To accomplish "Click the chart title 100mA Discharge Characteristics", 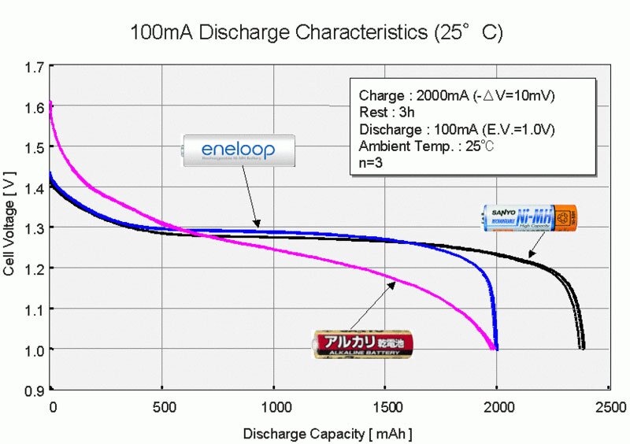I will pyautogui.click(x=315, y=33).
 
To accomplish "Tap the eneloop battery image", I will pyautogui.click(x=239, y=149).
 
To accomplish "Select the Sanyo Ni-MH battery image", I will pyautogui.click(x=529, y=218).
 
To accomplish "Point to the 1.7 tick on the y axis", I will pyautogui.click(x=33, y=68).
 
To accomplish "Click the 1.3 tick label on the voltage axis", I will pyautogui.click(x=33, y=228).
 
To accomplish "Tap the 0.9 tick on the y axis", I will pyautogui.click(x=33, y=390).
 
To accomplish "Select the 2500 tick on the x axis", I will pyautogui.click(x=609, y=408).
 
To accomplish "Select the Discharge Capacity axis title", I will pyautogui.click(x=328, y=434).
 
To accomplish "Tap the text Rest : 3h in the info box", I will pyautogui.click(x=385, y=112).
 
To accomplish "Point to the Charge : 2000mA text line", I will pyautogui.click(x=456, y=95).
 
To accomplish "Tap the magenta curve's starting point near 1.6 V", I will pyautogui.click(x=50, y=104).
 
